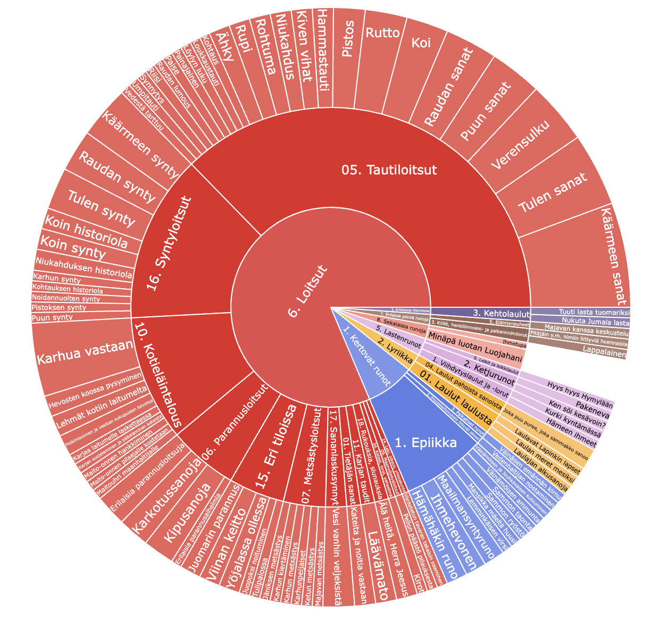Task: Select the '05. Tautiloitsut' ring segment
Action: coord(388,170)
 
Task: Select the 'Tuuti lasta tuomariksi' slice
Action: coord(580,312)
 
